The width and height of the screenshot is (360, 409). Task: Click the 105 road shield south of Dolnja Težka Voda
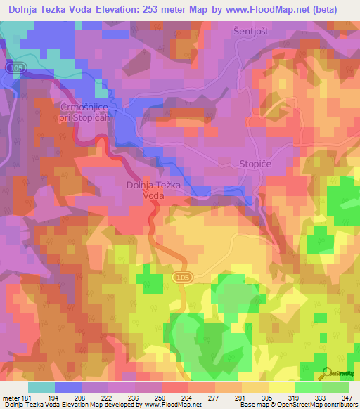click(x=181, y=278)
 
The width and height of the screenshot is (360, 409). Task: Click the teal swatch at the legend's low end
click(x=41, y=387)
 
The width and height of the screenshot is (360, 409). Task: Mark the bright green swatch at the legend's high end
click(x=335, y=387)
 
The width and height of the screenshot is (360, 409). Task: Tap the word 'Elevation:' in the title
click(x=113, y=11)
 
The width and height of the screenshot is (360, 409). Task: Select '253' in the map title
click(x=152, y=11)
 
